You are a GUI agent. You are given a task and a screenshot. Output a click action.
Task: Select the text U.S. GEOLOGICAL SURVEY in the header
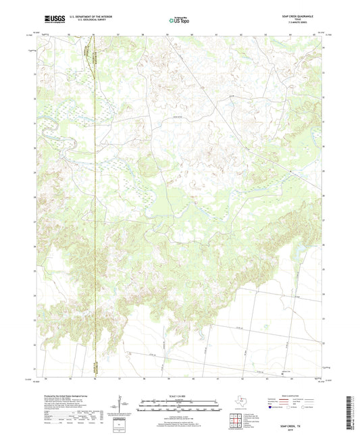pyautogui.click(x=84, y=22)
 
